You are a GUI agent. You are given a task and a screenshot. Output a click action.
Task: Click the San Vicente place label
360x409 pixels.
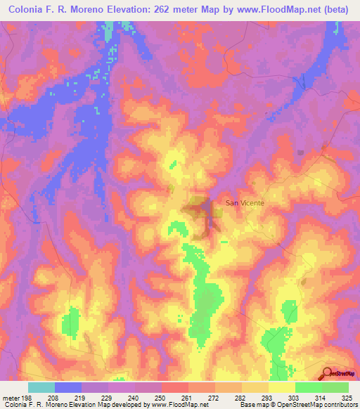(x=245, y=202)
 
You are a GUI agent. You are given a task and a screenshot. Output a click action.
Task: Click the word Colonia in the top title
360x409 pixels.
(x=29, y=9)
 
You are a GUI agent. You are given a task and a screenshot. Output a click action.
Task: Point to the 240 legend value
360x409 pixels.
(x=134, y=398)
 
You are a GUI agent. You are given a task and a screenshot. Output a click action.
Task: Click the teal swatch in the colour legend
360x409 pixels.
(x=41, y=387)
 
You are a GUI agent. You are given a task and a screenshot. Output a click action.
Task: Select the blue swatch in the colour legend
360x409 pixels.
(x=67, y=387)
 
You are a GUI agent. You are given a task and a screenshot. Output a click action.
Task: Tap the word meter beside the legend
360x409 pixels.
(x=9, y=398)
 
